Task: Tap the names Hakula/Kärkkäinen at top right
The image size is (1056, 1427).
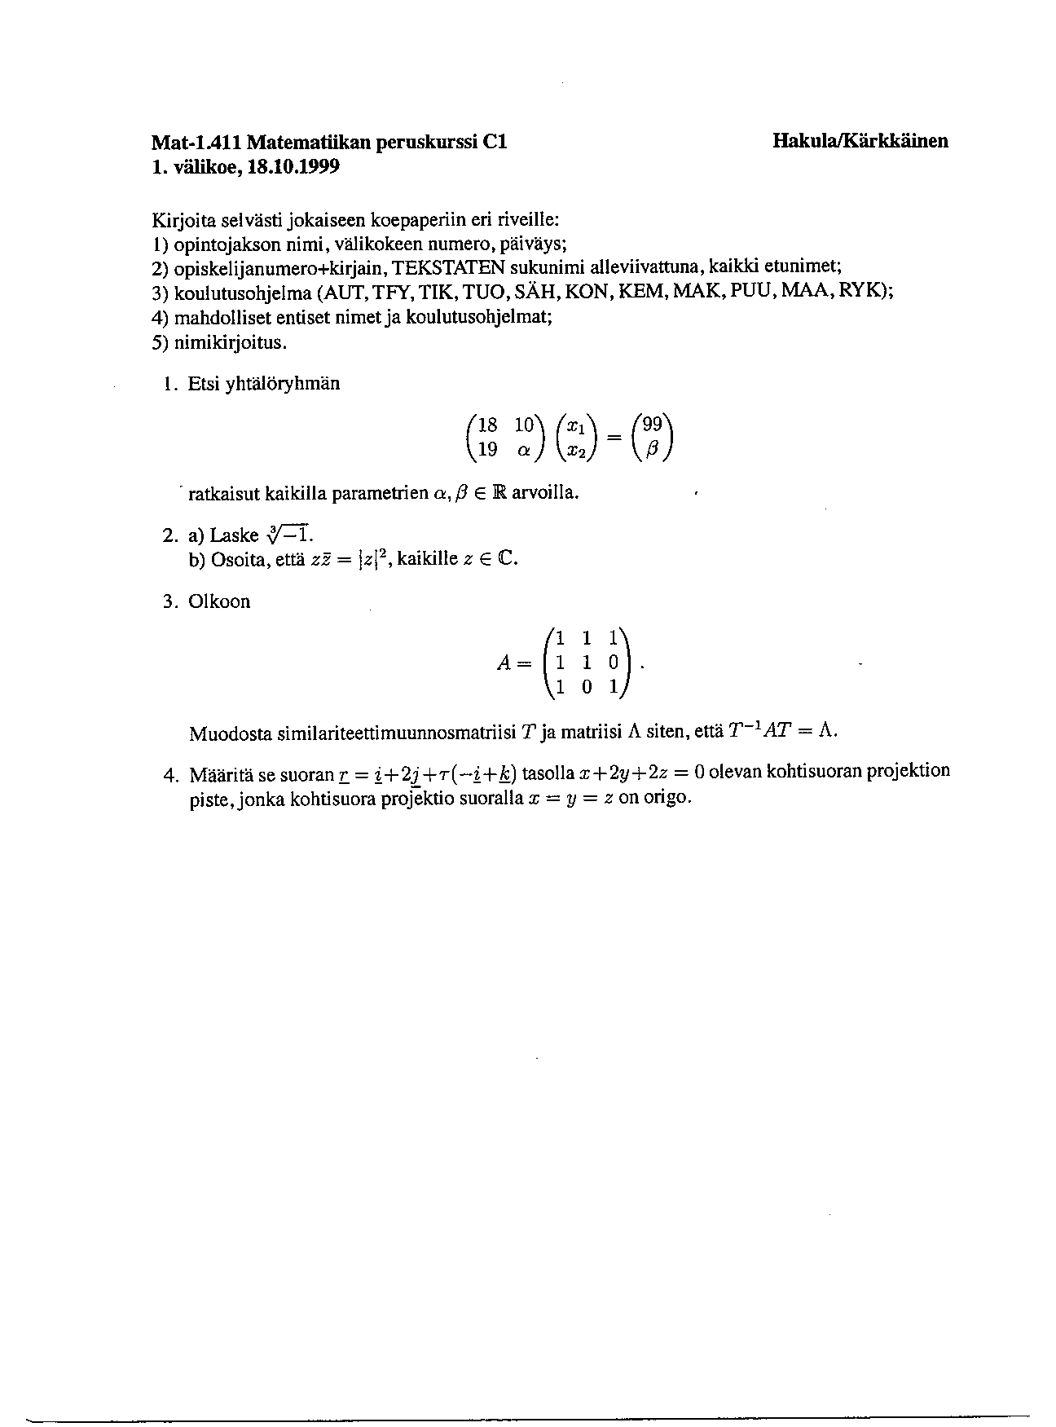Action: click(860, 141)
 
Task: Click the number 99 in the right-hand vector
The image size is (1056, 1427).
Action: click(653, 425)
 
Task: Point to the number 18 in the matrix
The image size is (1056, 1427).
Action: click(487, 425)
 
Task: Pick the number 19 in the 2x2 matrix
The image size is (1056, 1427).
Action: click(487, 448)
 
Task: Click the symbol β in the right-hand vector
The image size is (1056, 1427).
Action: click(652, 449)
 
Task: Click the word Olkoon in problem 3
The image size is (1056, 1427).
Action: click(219, 602)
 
